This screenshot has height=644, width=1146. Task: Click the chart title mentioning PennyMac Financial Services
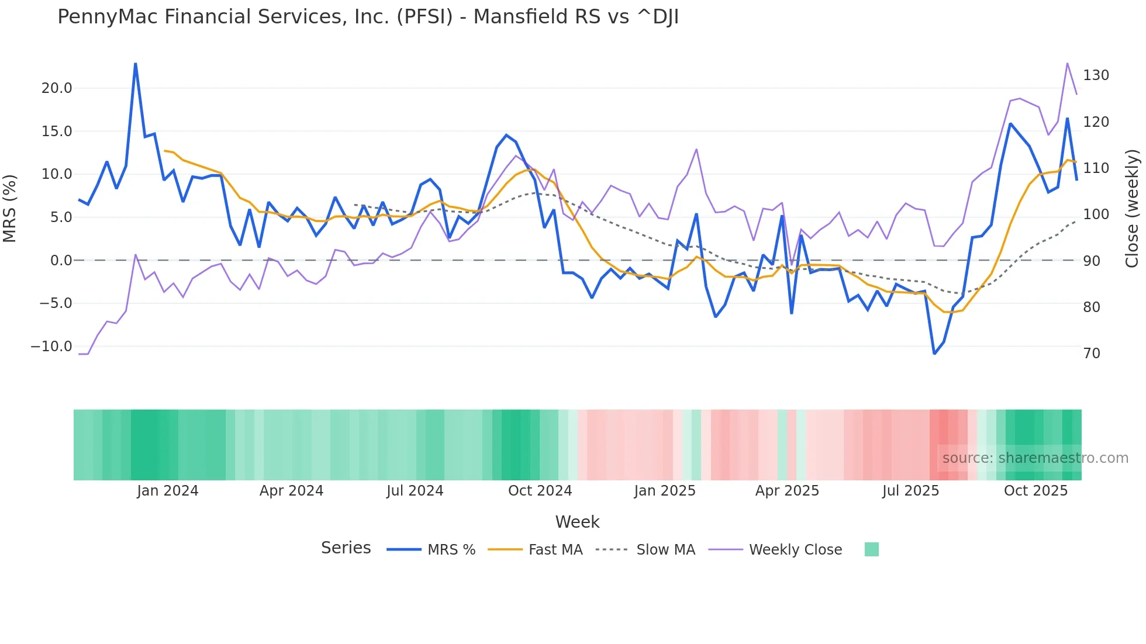click(x=368, y=17)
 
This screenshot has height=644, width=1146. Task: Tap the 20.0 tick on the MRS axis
click(x=57, y=88)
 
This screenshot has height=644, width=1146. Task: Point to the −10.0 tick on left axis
click(x=51, y=347)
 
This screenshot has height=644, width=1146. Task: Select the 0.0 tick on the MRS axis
click(x=61, y=261)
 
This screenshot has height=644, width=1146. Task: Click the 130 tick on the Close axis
click(x=1096, y=75)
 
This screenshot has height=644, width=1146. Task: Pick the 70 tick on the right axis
click(x=1091, y=354)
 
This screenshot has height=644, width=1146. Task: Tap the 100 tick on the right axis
click(x=1096, y=214)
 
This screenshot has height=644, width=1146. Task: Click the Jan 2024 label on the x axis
click(x=168, y=491)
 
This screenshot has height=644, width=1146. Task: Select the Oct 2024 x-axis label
click(x=540, y=491)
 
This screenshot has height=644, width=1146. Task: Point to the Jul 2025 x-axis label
click(x=910, y=491)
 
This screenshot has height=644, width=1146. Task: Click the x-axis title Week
click(x=577, y=522)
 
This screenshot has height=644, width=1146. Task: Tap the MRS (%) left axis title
click(x=9, y=209)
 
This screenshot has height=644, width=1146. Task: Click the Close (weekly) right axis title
click(x=1133, y=209)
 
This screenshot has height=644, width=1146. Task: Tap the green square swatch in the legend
click(x=871, y=549)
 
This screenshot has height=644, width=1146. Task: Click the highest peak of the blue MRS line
click(x=136, y=64)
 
